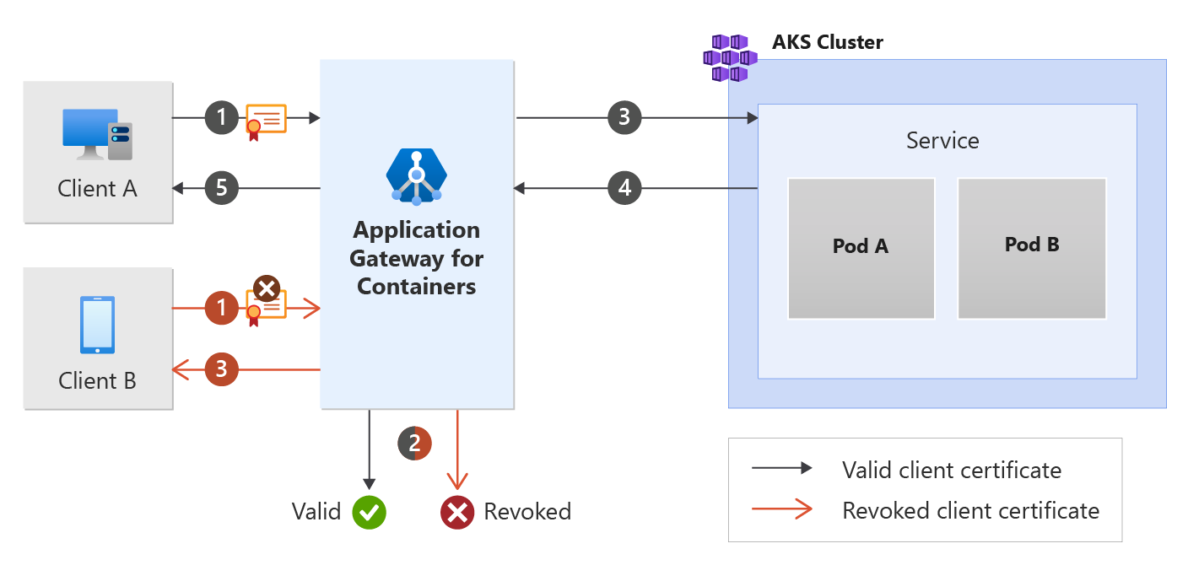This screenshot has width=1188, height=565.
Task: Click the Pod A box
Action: [861, 248]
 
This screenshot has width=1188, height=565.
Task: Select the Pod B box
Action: [1032, 248]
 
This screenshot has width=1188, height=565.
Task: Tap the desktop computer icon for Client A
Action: [98, 134]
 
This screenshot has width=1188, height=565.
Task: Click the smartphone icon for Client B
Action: [97, 325]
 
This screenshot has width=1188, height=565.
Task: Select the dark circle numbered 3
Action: [624, 118]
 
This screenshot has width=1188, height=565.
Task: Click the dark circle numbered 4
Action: [624, 189]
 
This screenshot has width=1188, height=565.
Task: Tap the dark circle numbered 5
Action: [222, 188]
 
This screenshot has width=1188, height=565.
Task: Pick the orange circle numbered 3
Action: [222, 369]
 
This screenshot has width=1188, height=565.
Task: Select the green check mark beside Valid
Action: [369, 512]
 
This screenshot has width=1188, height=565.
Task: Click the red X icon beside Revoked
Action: [457, 512]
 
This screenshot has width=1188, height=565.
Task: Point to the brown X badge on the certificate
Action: [267, 289]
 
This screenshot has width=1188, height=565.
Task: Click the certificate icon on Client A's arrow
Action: [265, 121]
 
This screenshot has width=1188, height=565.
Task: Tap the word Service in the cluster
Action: [942, 140]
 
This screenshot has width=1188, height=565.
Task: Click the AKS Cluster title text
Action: [827, 42]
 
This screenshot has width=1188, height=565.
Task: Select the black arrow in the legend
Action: [782, 468]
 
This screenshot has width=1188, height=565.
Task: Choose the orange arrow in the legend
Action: [782, 509]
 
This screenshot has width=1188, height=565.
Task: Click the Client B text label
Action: [97, 381]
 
